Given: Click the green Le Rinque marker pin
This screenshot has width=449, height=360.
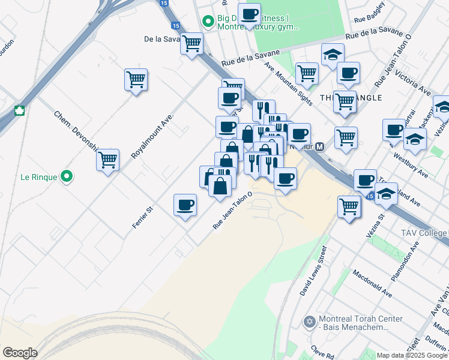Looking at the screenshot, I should pos(67,177).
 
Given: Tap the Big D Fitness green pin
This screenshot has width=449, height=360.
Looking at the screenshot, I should pos(208,23).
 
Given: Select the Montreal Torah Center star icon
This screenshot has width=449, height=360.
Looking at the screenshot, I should pos(310,322).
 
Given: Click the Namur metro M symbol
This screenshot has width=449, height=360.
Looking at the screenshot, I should pos(320,146).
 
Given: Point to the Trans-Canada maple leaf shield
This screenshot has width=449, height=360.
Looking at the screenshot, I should pos(19,111).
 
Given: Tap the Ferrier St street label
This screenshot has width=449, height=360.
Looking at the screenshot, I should pos(143,218).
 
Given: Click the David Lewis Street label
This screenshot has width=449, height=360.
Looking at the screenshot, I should pos(313,270).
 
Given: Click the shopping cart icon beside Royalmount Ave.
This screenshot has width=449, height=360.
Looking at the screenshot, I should pos(136,80).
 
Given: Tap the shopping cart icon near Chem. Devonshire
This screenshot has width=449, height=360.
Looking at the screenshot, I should pos(107,160).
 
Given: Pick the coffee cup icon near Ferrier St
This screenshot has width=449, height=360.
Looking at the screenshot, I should pos(185,205).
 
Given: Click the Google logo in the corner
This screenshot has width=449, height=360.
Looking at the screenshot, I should pos(20,353).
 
